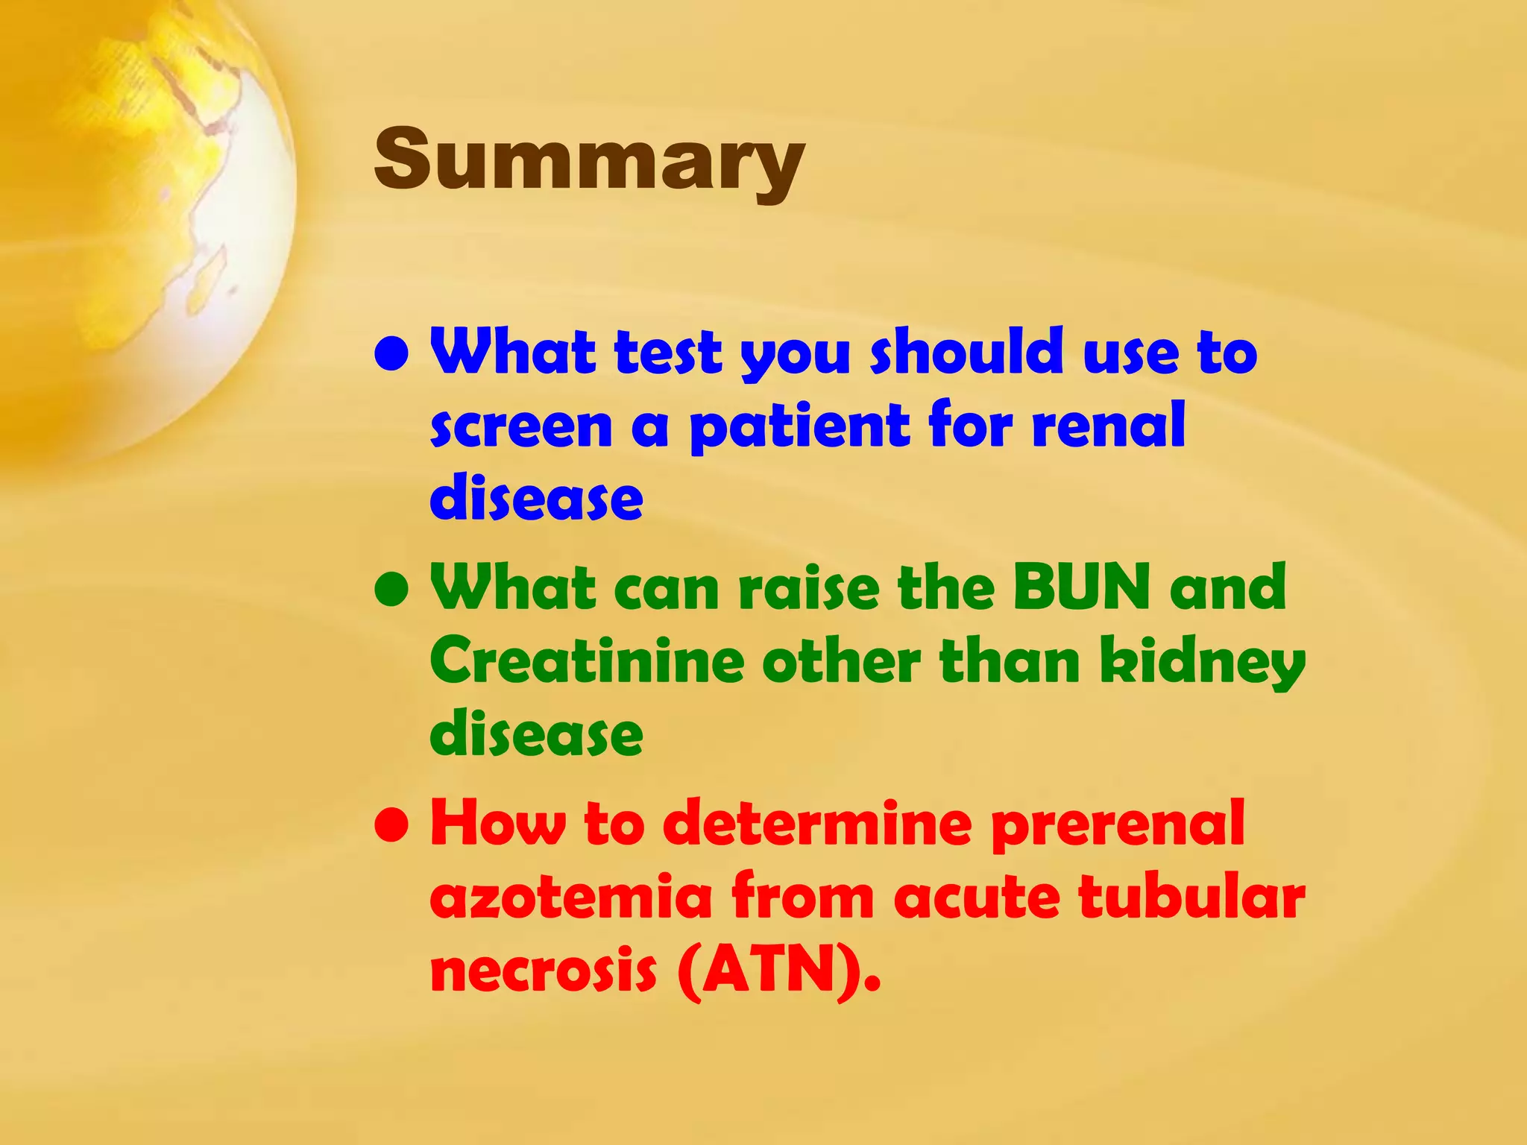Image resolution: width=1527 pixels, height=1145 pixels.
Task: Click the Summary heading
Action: tap(589, 160)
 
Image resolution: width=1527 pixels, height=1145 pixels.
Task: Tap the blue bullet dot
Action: tap(392, 355)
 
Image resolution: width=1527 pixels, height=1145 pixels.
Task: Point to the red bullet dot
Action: tap(392, 826)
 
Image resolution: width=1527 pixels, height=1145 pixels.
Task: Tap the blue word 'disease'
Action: tap(536, 497)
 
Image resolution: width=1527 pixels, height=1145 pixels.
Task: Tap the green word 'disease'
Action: tap(536, 734)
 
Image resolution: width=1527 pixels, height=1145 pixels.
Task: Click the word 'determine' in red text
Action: tap(817, 823)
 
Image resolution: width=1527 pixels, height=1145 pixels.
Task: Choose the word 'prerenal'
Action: tap(1118, 824)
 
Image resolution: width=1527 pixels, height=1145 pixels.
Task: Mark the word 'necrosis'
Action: tap(544, 971)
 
